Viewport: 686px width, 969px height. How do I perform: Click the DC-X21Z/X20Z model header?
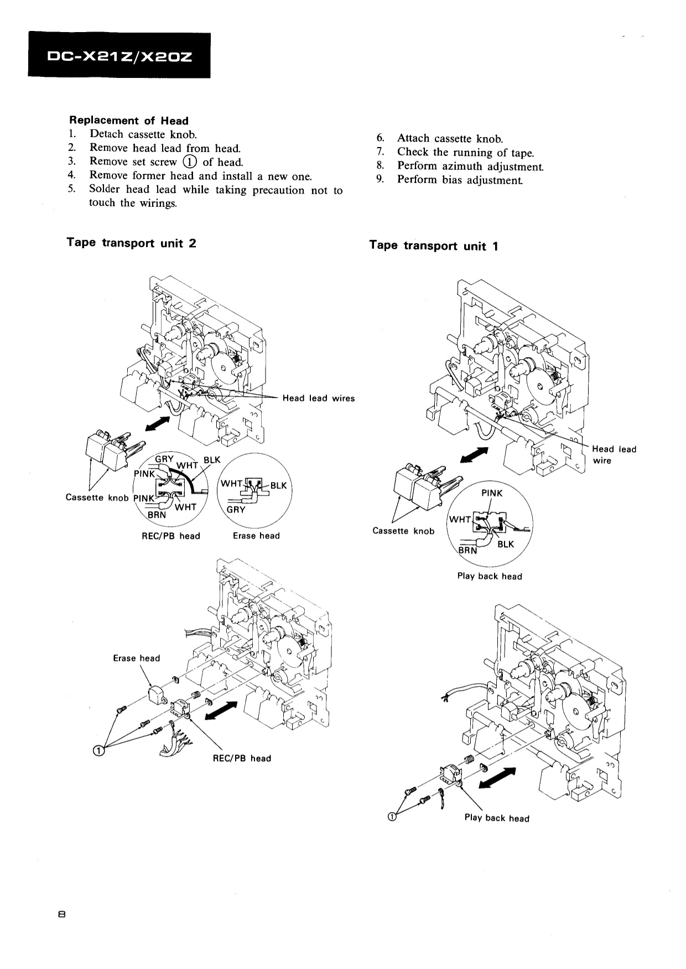119,56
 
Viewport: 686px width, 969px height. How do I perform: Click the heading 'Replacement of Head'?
128,121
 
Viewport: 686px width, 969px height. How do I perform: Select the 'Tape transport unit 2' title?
131,243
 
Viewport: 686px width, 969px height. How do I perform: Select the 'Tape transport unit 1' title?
433,246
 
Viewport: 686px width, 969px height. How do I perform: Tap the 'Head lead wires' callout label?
318,398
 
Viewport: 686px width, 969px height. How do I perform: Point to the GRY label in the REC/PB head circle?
164,459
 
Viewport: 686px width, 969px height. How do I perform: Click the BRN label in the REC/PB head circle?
157,515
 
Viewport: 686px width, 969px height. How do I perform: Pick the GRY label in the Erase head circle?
236,509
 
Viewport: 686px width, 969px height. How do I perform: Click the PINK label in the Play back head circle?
492,493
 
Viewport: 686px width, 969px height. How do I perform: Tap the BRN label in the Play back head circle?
467,550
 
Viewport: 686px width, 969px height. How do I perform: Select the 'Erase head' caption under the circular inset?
256,536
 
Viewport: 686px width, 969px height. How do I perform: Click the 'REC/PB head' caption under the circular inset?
171,536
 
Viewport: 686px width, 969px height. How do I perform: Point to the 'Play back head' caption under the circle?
489,576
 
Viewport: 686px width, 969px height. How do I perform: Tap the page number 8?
61,914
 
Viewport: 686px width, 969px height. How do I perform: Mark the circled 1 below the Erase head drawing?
98,750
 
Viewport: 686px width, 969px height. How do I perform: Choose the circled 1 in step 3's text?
189,162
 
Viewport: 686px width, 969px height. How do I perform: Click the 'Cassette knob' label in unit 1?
403,531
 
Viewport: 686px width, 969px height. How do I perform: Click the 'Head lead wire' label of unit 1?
614,454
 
